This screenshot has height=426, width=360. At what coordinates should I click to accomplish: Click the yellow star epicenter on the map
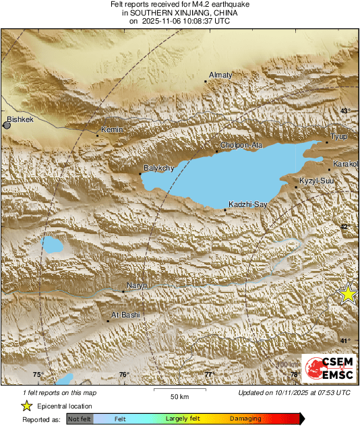(348, 293)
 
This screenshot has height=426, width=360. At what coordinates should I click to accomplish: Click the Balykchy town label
(160, 167)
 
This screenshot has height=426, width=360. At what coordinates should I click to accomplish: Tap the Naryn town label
(137, 286)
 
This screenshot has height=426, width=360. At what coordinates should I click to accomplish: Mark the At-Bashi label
(123, 314)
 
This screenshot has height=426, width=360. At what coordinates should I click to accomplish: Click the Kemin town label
(109, 129)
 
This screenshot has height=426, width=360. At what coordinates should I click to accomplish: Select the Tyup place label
(338, 136)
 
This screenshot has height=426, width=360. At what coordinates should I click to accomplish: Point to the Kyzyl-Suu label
(316, 181)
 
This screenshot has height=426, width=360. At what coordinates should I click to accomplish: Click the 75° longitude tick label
(38, 374)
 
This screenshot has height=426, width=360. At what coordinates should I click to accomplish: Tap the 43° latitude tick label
(345, 111)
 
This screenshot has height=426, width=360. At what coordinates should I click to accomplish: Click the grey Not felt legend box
(79, 419)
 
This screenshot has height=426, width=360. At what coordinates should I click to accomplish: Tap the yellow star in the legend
(27, 406)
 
